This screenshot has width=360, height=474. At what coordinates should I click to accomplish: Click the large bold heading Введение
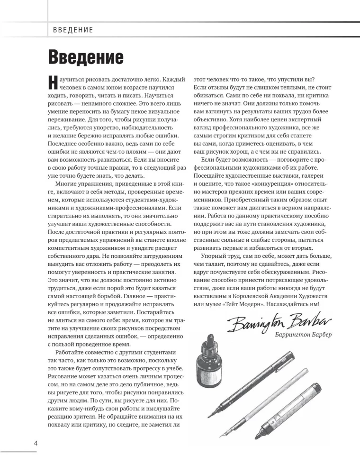[86, 57]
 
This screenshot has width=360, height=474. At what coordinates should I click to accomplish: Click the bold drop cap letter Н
[53, 82]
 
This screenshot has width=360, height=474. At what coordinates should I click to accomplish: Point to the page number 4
[36, 443]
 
